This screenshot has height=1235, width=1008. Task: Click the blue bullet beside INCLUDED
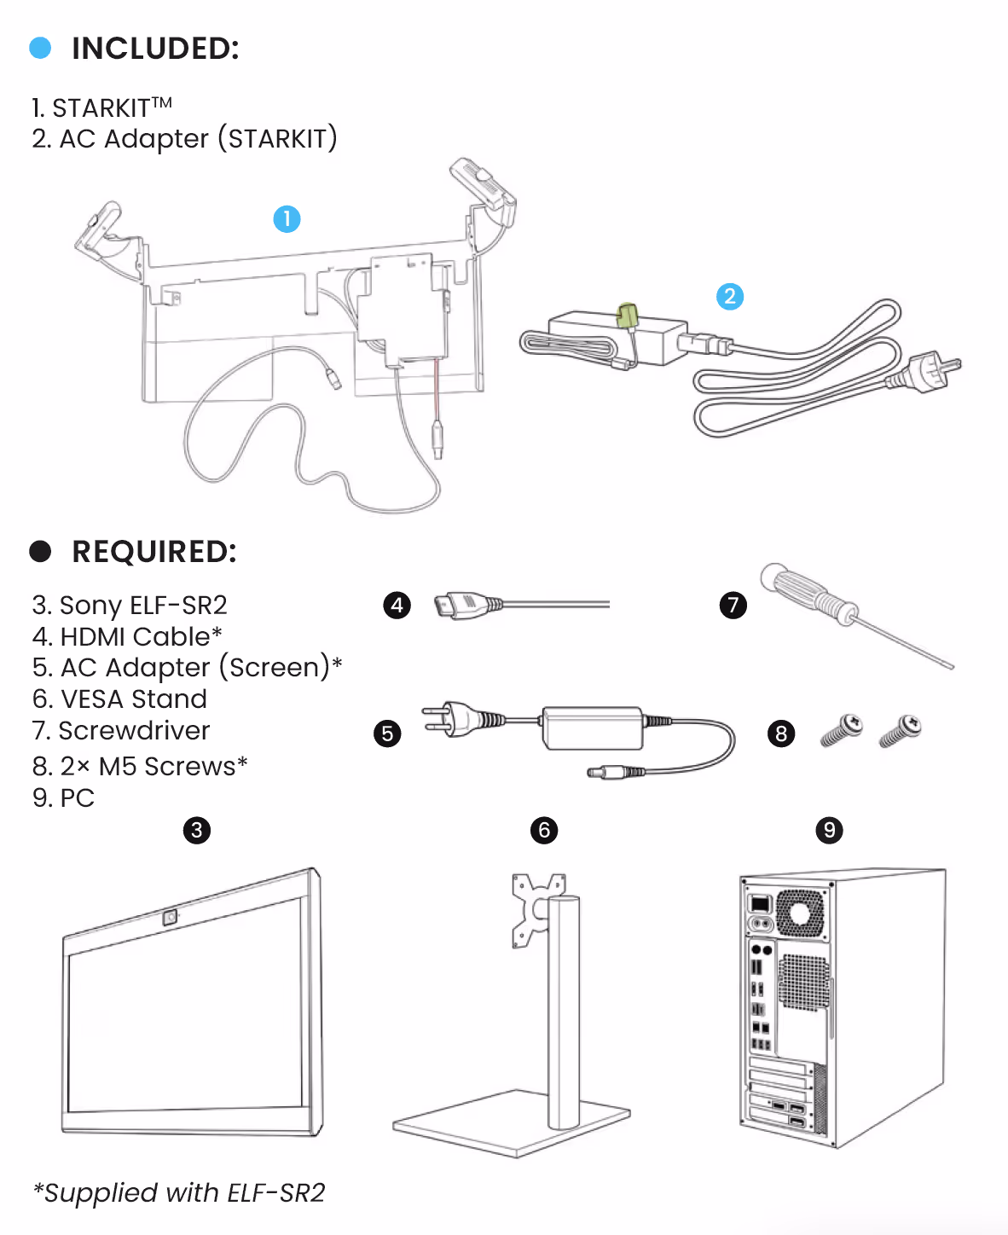pos(40,48)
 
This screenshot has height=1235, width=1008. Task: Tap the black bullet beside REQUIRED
pos(40,551)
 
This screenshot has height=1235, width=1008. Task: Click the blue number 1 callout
pos(287,219)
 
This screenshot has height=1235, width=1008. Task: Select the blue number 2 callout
pos(729,297)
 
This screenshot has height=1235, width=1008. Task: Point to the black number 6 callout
pos(544,830)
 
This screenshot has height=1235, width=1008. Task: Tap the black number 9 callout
pos(829,830)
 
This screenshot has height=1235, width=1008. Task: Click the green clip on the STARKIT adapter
pos(629,316)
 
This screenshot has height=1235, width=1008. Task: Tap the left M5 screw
pos(842,731)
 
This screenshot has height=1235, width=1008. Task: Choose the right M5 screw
pos(901,731)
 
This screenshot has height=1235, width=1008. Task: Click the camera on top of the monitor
pos(169,918)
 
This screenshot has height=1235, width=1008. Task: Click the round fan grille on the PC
pos(799,913)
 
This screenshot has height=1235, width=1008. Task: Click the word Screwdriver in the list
pos(134,731)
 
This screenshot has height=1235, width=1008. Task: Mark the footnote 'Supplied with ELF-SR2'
pos(179,1192)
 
